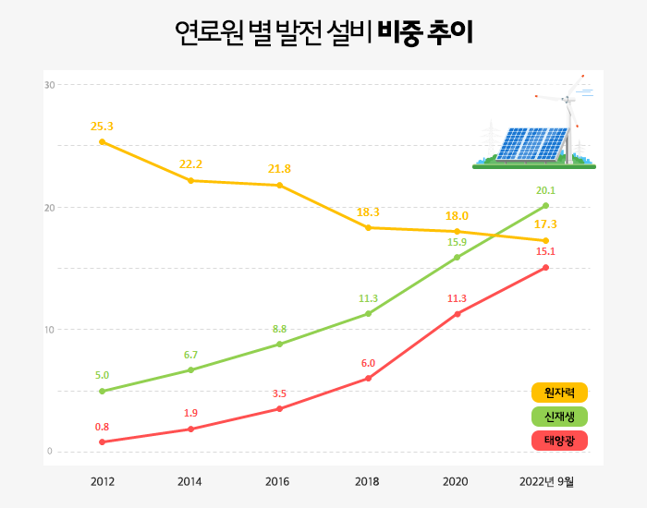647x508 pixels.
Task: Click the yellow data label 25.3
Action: click(102, 126)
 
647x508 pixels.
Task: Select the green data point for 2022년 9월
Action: click(546, 205)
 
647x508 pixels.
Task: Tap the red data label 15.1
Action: click(545, 251)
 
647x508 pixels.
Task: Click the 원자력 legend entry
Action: click(560, 393)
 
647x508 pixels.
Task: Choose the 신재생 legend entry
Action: click(560, 417)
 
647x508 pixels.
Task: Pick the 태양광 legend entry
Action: click(560, 441)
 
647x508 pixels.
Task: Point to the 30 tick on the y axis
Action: click(50, 85)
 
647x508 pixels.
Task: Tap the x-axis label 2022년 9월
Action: click(546, 481)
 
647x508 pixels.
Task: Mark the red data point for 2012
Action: click(102, 441)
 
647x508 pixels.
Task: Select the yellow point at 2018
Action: click(368, 227)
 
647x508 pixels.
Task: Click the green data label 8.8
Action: click(279, 329)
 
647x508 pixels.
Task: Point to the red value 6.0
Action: click(368, 363)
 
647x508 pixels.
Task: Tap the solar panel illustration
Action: click(531, 143)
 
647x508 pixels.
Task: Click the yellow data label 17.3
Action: click(545, 224)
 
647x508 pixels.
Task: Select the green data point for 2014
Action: click(190, 369)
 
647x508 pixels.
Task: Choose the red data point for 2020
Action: click(457, 314)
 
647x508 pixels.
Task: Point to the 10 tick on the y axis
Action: click(50, 330)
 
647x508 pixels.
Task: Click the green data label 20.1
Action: click(545, 190)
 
